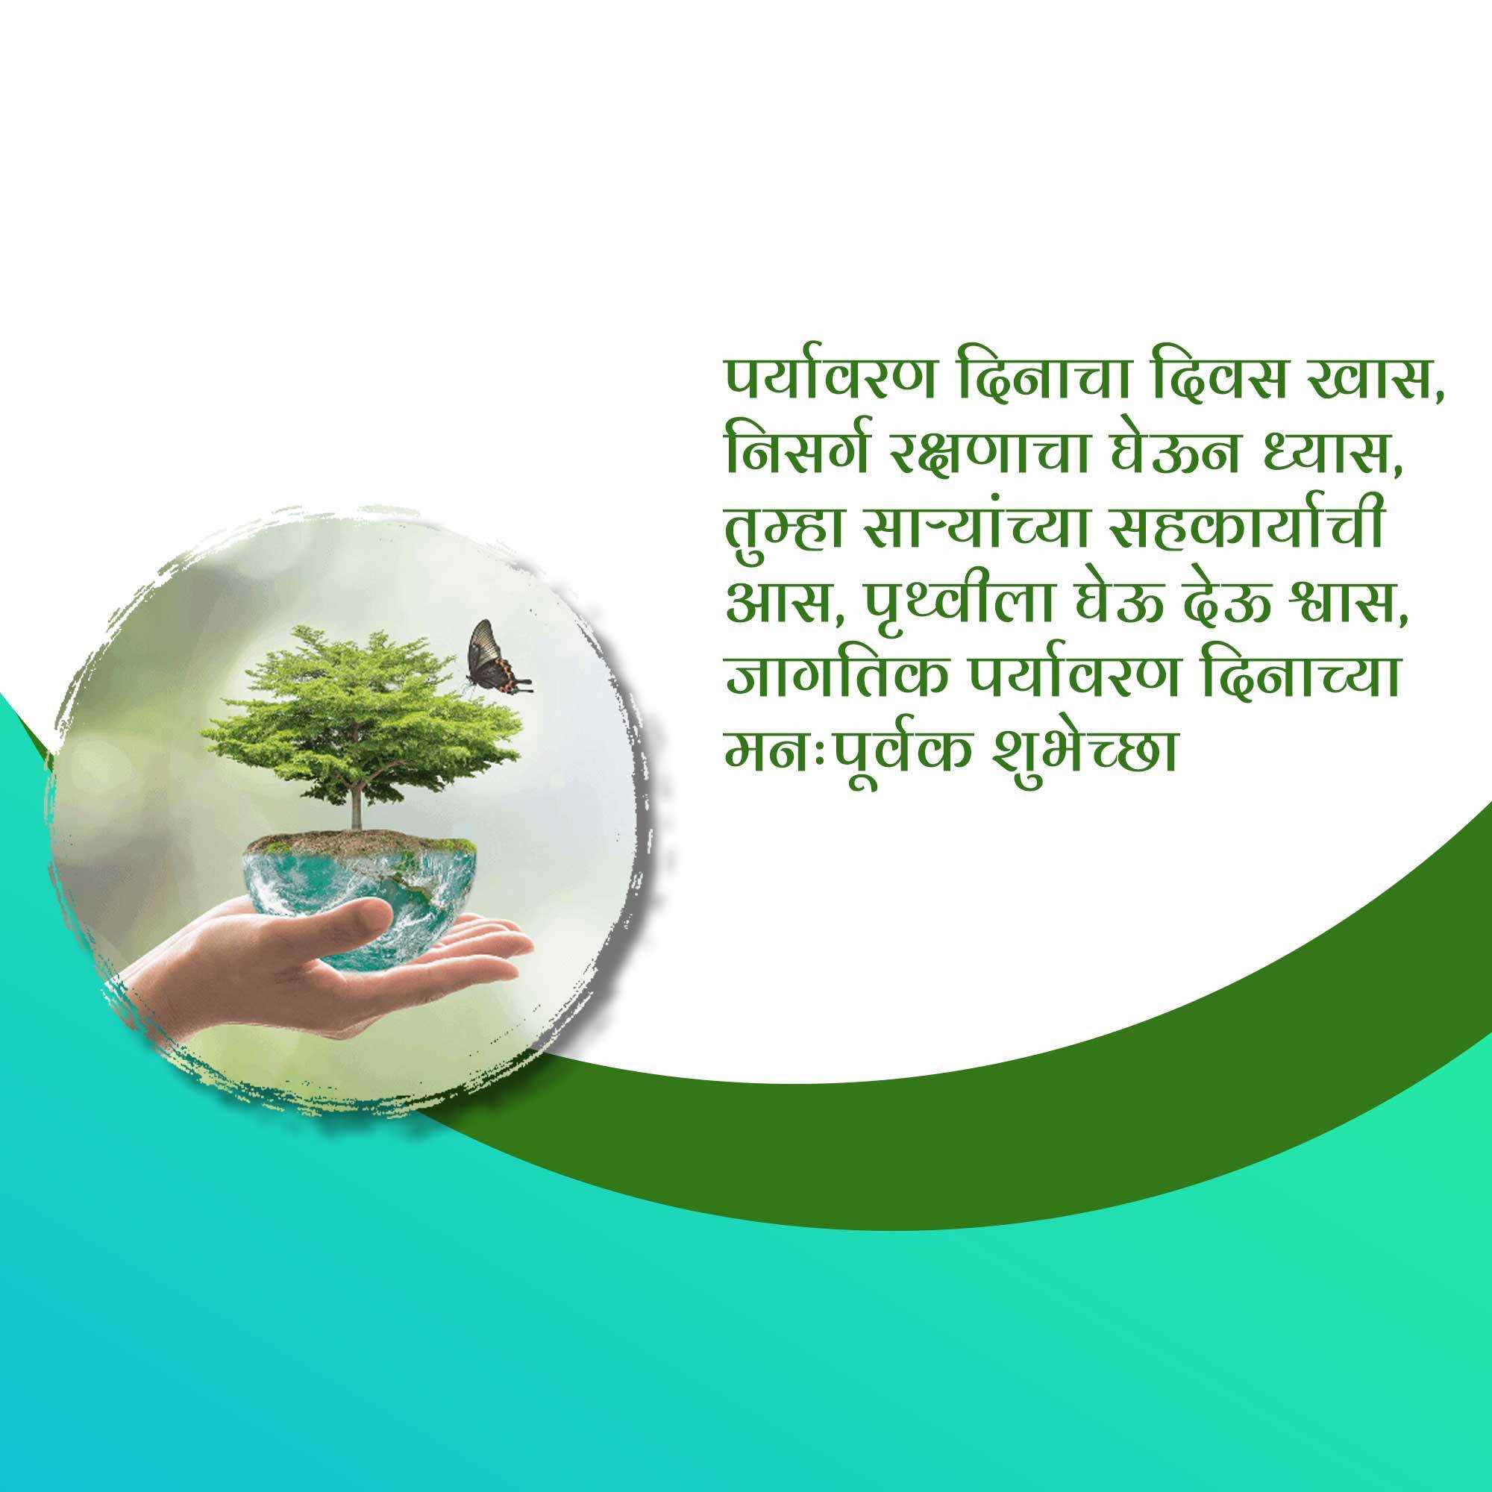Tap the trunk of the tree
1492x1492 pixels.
[x=356, y=795]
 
